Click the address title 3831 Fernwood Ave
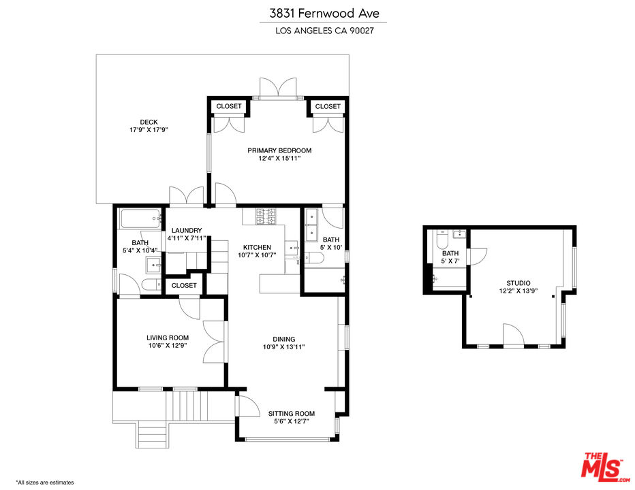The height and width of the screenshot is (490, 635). (x=317, y=13)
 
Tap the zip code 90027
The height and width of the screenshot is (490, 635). (x=362, y=31)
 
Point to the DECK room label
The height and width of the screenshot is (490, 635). (x=149, y=122)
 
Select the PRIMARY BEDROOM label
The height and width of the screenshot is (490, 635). (x=279, y=150)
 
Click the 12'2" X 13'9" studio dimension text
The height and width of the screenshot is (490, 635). (x=518, y=291)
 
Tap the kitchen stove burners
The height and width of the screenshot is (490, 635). (x=266, y=216)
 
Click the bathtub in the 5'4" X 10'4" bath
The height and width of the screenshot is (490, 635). (x=140, y=220)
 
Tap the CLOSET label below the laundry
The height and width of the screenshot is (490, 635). (x=184, y=286)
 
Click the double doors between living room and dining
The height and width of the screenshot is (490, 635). (x=216, y=339)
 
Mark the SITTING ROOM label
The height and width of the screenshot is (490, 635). (x=291, y=413)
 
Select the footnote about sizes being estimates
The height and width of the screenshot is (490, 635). (x=44, y=482)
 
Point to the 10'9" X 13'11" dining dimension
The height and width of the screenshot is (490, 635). (x=283, y=347)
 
